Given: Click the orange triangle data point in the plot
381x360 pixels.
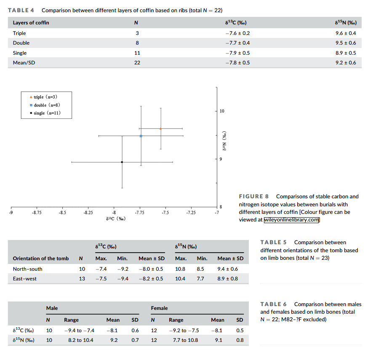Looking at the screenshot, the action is click(161, 128).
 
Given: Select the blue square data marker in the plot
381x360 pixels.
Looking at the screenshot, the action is click(141, 136).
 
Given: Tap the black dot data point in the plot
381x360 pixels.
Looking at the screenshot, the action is click(122, 162).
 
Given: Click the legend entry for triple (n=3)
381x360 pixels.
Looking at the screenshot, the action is click(43, 97).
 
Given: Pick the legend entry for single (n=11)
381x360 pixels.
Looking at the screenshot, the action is click(45, 113).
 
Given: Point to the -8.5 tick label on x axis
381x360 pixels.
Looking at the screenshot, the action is click(62, 213).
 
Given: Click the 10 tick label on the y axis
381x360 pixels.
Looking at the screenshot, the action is click(222, 111).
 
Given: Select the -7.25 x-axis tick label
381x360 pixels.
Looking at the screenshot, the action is click(191, 213).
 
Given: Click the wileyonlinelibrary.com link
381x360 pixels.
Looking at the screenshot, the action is click(291, 220).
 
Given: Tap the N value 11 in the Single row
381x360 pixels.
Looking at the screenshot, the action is click(137, 53).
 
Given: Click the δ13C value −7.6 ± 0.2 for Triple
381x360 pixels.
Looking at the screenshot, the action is click(237, 33).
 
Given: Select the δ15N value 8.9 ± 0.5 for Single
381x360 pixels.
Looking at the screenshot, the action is click(346, 53).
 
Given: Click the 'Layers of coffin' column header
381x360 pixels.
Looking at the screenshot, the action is click(31, 23).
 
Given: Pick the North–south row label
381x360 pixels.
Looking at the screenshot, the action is click(28, 269).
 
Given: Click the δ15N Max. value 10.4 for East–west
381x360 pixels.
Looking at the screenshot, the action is click(180, 279).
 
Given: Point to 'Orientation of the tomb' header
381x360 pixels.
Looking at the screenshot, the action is click(41, 259).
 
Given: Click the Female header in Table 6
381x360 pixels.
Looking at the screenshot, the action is click(159, 308).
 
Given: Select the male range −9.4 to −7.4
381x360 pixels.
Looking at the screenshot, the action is click(79, 331).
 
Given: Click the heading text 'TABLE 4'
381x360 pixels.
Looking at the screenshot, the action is click(21, 10).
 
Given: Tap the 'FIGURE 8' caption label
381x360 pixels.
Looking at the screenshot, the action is click(254, 196).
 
